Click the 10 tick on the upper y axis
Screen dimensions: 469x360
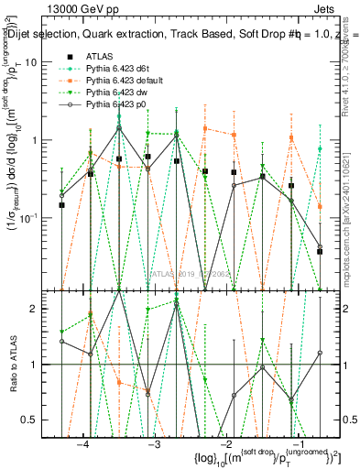(40, 62)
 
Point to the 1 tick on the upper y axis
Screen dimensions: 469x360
(44, 140)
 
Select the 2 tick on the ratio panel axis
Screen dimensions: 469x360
(44, 309)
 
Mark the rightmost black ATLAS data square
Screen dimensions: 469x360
(320, 251)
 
